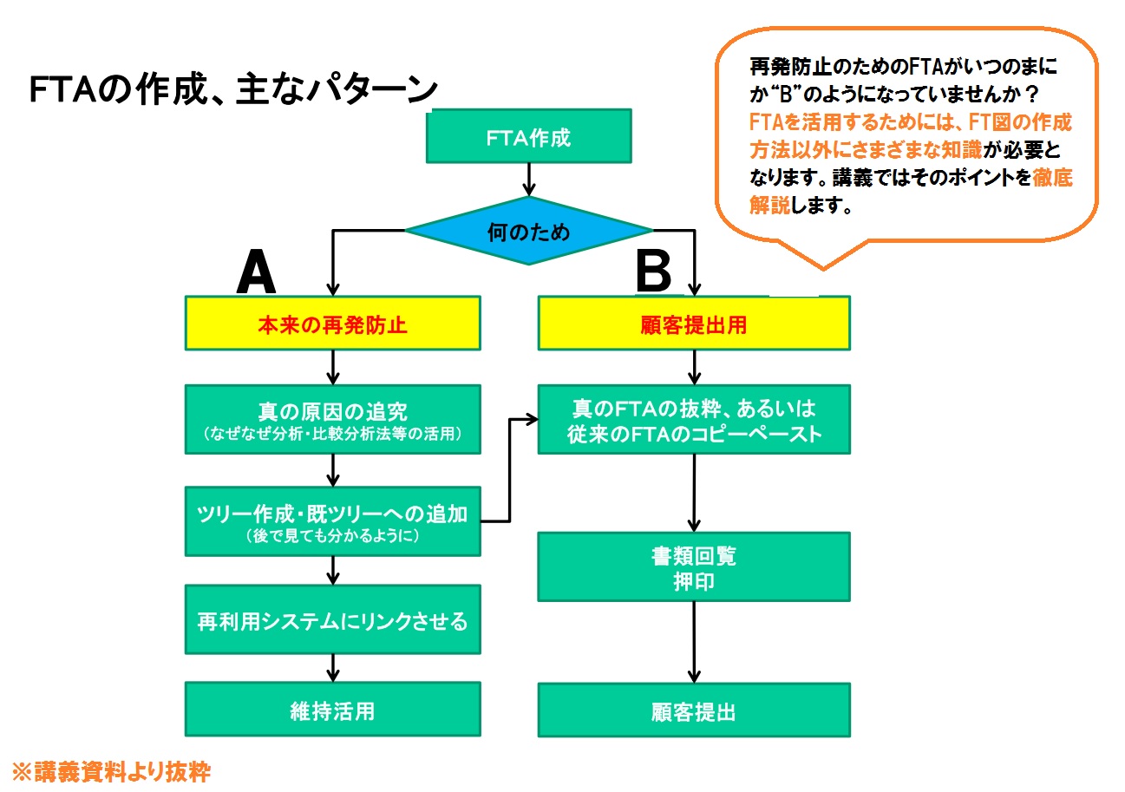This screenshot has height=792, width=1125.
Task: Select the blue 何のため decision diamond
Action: click(529, 231)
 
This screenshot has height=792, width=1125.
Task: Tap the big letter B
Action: click(653, 272)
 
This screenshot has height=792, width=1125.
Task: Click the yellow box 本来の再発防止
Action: click(333, 325)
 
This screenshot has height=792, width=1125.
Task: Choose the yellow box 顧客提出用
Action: click(694, 325)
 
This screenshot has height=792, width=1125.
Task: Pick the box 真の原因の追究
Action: click(333, 419)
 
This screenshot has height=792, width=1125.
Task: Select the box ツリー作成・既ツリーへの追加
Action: click(333, 520)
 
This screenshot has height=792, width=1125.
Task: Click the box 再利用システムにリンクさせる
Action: click(333, 620)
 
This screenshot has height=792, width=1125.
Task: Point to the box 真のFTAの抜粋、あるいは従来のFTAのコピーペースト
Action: click(694, 420)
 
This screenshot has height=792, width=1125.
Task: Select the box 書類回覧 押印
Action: click(694, 566)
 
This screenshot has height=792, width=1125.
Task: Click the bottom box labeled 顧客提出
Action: click(694, 711)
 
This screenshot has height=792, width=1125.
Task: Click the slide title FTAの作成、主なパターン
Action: click(234, 89)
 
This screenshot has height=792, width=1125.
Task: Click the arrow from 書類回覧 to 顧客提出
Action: click(694, 642)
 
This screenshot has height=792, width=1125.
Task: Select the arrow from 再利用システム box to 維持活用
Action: click(333, 667)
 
